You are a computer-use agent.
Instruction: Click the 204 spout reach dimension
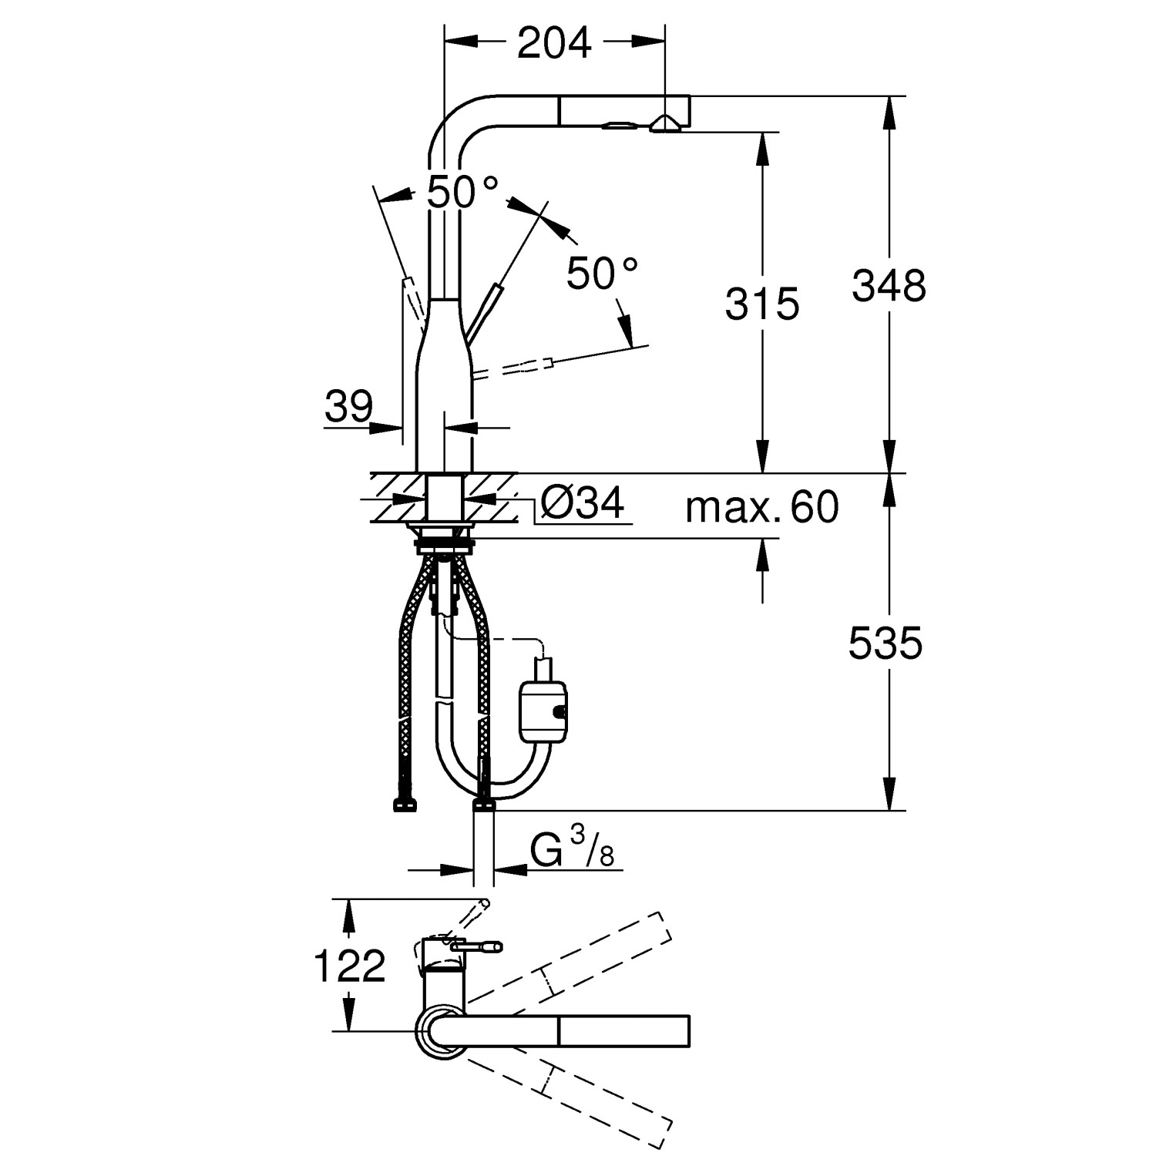554,43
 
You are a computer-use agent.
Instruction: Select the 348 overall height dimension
889,286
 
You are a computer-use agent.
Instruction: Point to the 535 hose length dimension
885,643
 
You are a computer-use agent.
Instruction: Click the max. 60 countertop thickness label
761,507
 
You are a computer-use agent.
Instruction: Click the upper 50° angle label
462,192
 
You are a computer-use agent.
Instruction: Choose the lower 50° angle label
602,273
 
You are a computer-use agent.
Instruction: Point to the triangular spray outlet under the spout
664,123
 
